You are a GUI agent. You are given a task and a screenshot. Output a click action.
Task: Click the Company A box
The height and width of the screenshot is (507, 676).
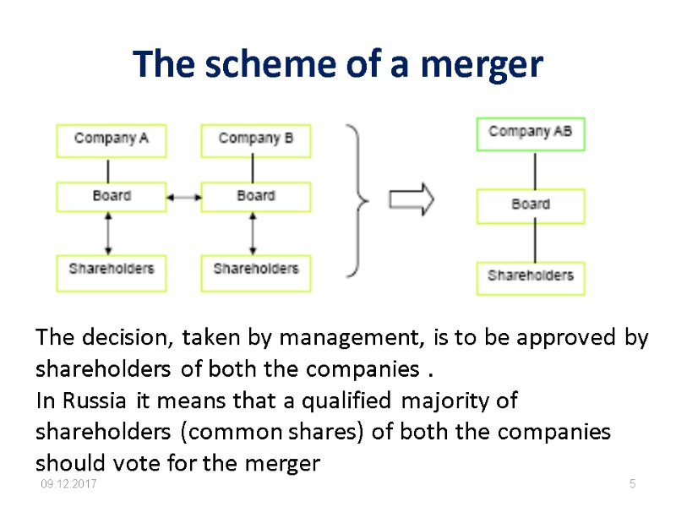(112, 139)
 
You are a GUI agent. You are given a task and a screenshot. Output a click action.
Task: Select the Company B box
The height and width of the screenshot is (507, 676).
(255, 139)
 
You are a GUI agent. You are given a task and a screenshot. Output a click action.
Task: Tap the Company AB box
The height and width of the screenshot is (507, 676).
(530, 133)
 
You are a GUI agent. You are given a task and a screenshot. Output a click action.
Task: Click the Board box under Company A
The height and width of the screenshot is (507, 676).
(112, 196)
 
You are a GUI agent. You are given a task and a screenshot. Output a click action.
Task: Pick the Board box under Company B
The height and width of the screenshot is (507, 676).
(255, 196)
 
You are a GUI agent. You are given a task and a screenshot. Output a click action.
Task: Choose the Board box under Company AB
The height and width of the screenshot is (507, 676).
(530, 205)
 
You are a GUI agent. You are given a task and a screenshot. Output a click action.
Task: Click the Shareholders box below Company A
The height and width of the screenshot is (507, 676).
(112, 270)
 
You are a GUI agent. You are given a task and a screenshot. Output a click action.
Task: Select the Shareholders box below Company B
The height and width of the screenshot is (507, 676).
(255, 270)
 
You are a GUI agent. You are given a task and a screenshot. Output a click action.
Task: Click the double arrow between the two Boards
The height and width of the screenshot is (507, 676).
(183, 197)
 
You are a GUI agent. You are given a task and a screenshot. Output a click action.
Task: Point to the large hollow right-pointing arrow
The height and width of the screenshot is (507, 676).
(412, 199)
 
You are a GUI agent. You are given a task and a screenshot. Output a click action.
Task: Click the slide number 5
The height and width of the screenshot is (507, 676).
(631, 483)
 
